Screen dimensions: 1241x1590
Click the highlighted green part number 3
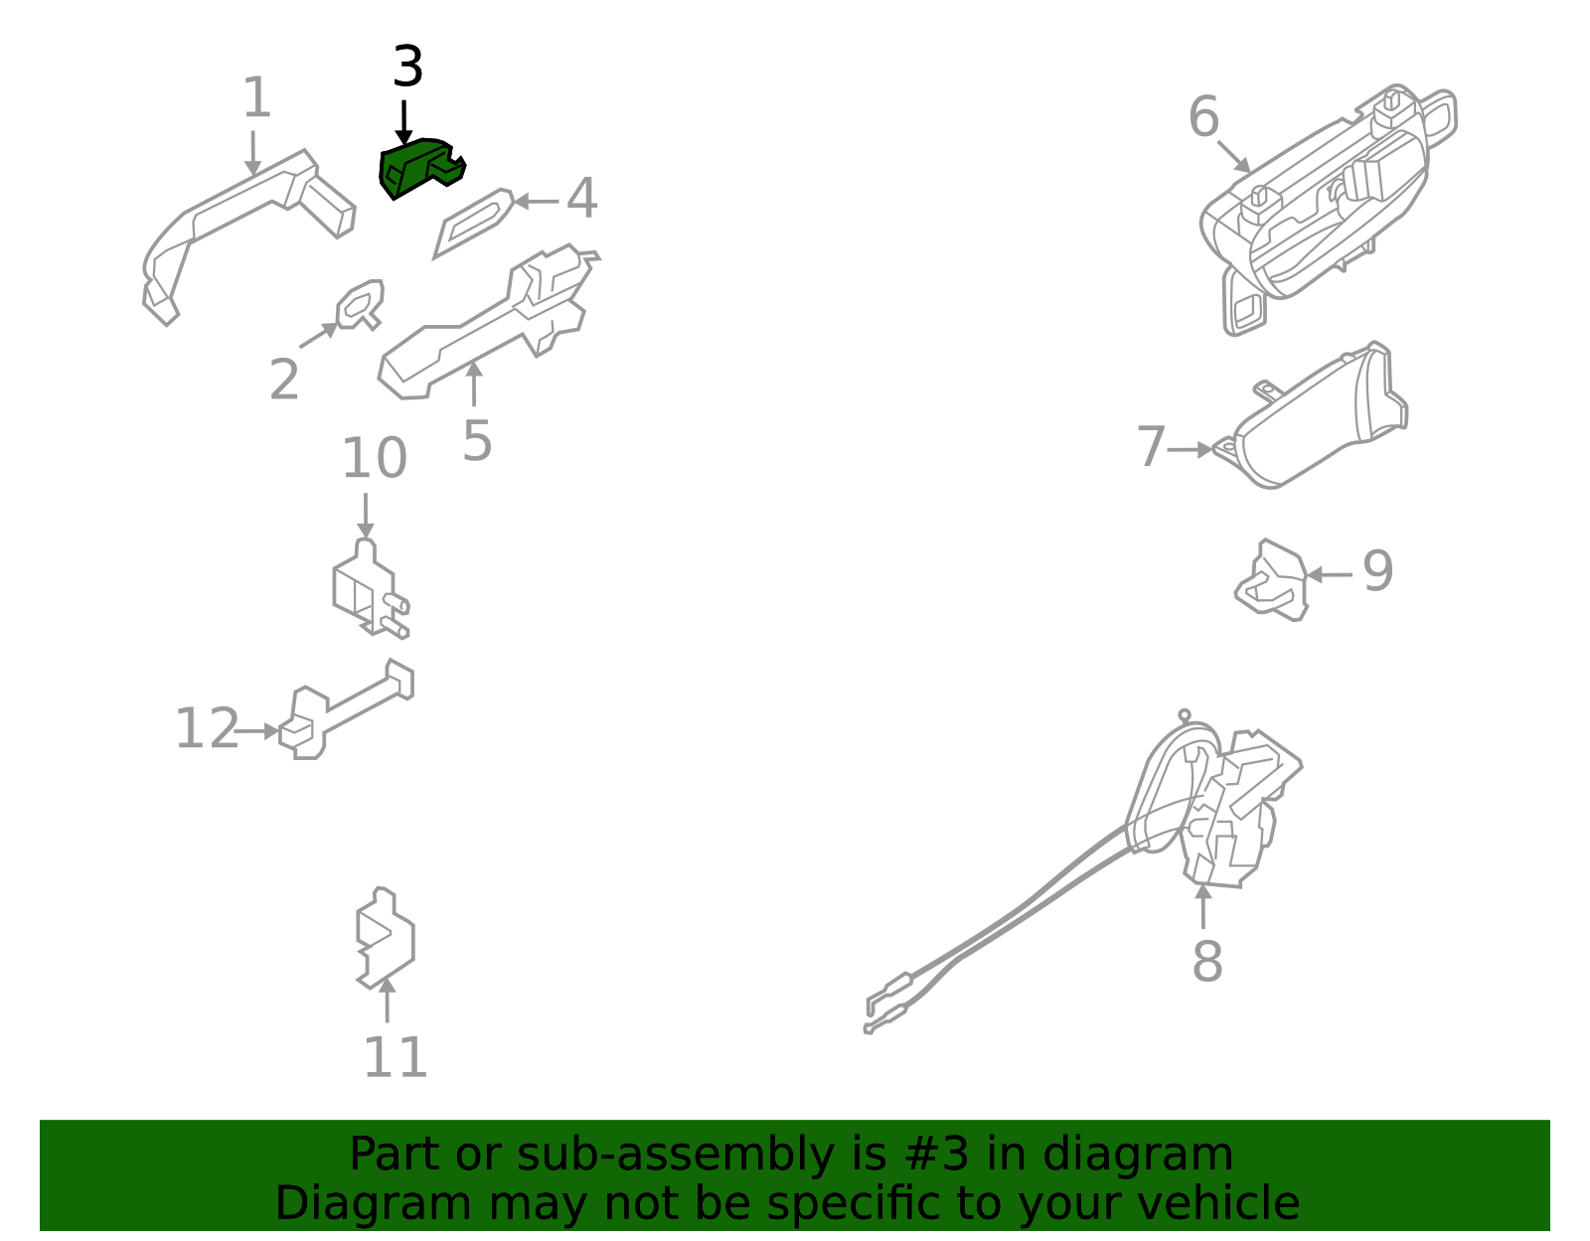pyautogui.click(x=419, y=166)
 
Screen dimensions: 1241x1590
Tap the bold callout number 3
pyautogui.click(x=407, y=68)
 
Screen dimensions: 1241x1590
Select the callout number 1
pyautogui.click(x=256, y=98)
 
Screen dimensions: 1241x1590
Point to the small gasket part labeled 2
pyautogui.click(x=360, y=304)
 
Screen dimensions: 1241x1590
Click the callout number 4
pyautogui.click(x=581, y=199)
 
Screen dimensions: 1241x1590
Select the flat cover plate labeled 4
pyautogui.click(x=474, y=222)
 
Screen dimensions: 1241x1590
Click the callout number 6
pyautogui.click(x=1203, y=117)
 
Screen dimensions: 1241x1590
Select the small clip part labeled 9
pyautogui.click(x=1273, y=581)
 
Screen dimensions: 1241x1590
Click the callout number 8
pyautogui.click(x=1206, y=961)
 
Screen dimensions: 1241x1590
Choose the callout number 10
pyautogui.click(x=374, y=459)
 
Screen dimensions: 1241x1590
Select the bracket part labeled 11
pyautogui.click(x=386, y=939)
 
